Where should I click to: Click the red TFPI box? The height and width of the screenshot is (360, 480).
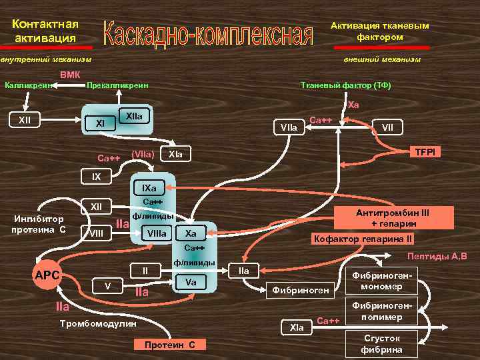tap(425, 152)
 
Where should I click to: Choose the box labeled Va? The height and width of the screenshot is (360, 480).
tap(190, 282)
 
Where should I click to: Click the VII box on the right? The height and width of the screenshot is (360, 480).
tap(387, 126)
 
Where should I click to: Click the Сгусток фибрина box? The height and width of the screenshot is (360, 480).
tap(381, 344)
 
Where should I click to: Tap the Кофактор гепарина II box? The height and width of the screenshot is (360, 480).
tap(364, 239)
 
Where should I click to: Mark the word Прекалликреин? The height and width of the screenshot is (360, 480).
tap(118, 85)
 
